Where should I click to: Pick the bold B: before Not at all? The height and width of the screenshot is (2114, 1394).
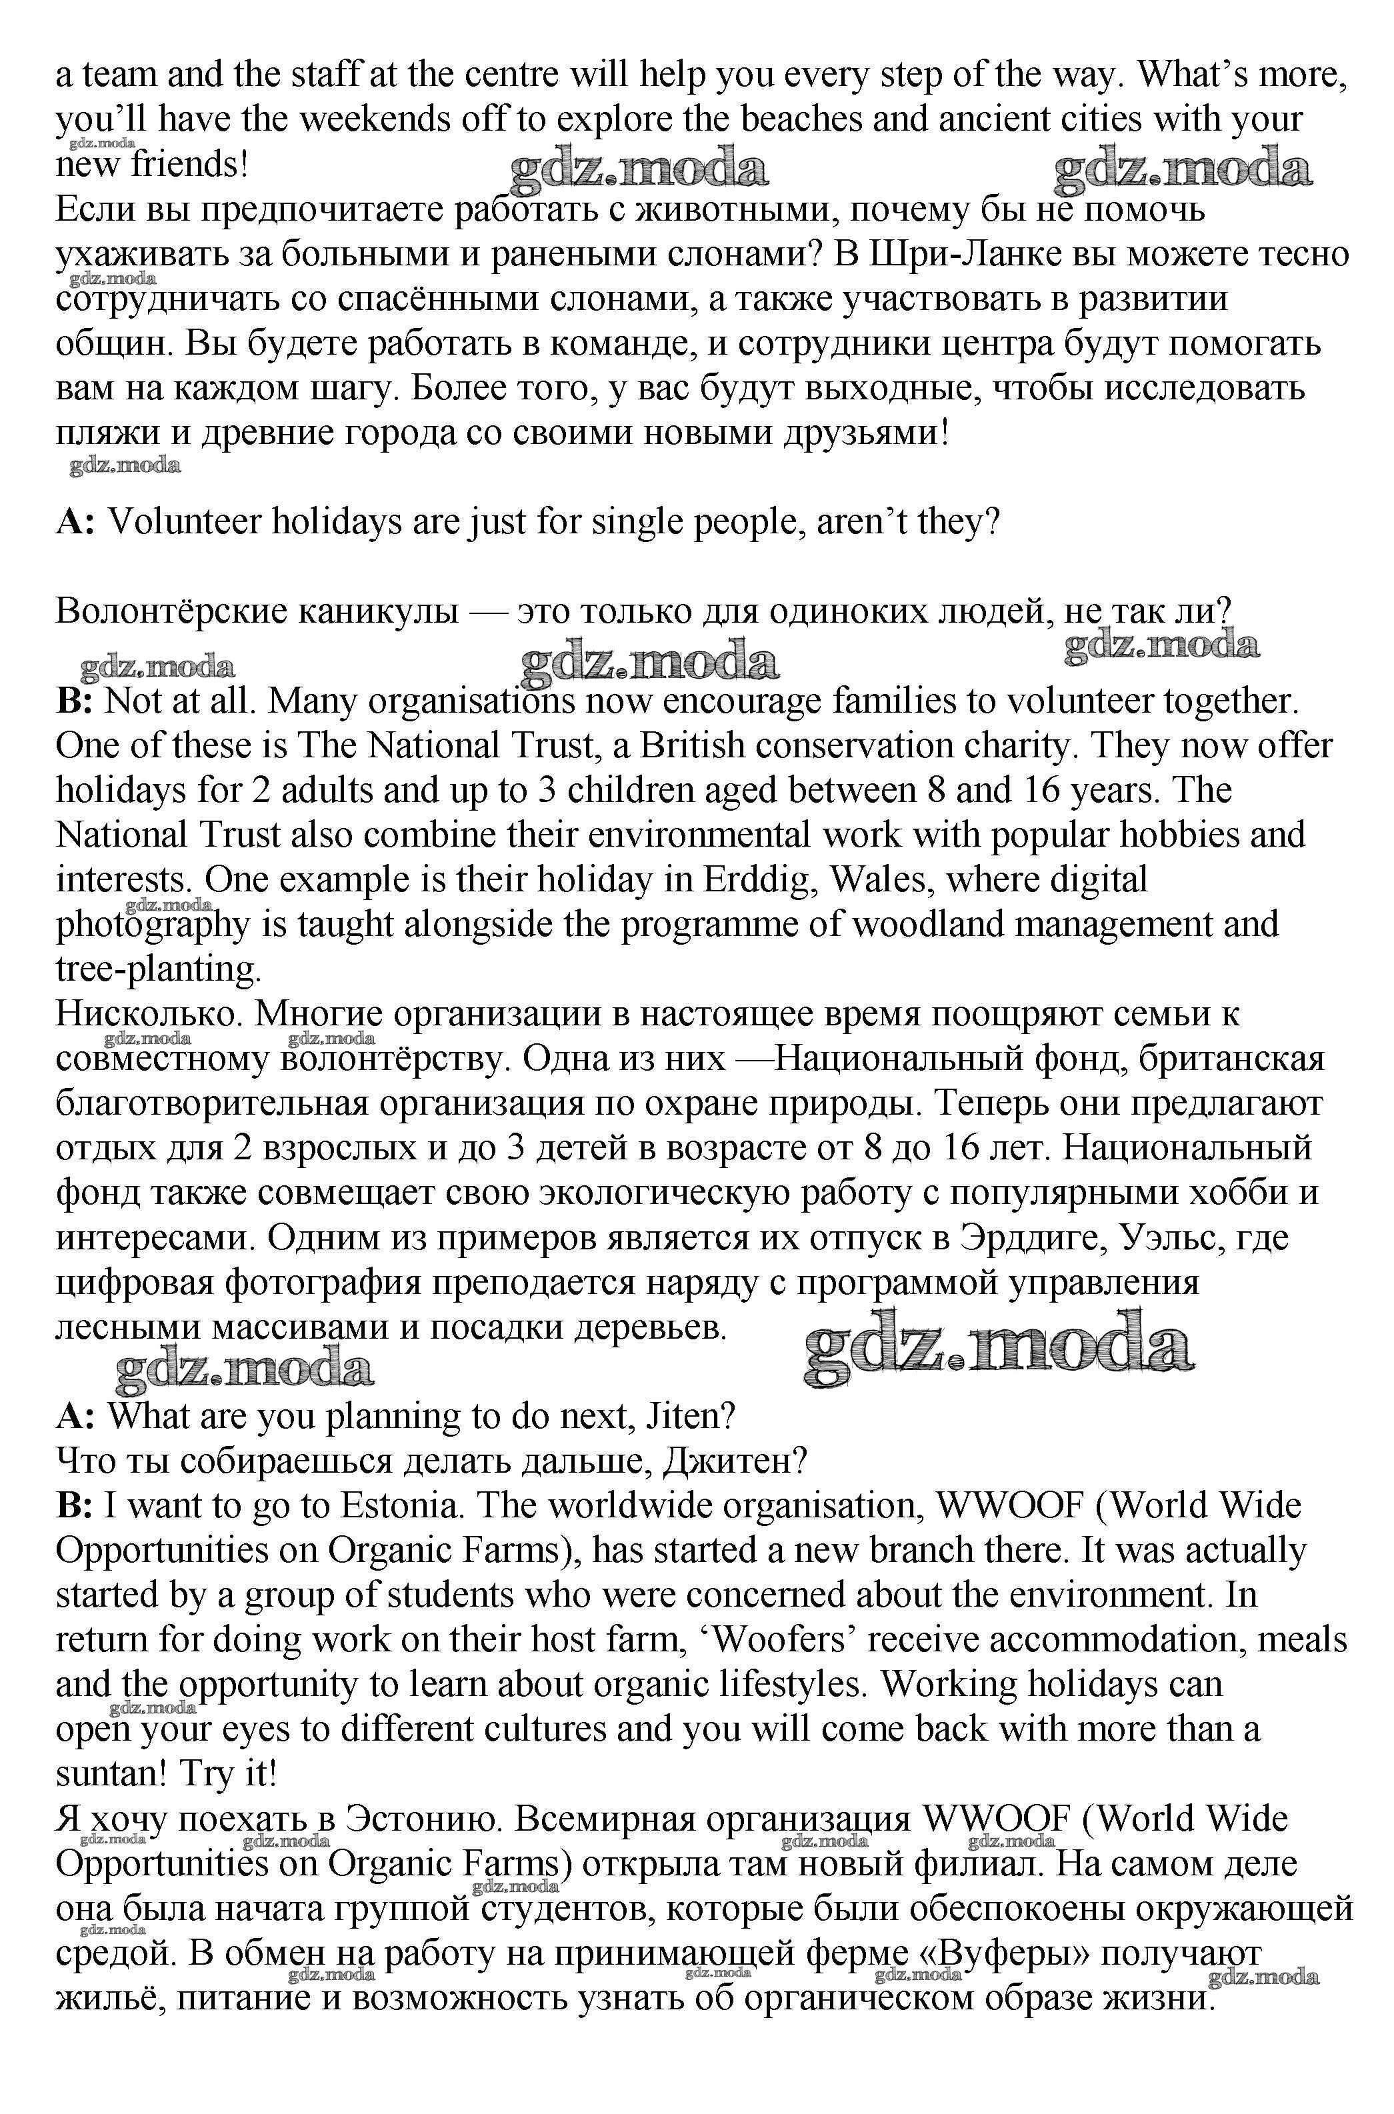point(75,701)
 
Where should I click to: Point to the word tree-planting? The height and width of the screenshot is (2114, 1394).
point(158,969)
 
